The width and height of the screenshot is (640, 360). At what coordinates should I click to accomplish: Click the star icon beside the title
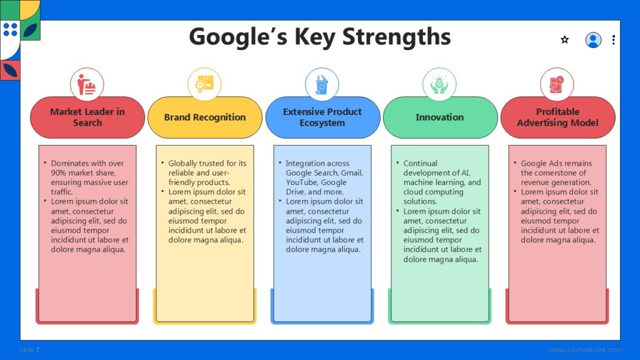point(565,39)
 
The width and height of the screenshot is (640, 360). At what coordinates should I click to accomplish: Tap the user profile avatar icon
point(593,40)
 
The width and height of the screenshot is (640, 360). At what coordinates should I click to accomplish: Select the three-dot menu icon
point(613,40)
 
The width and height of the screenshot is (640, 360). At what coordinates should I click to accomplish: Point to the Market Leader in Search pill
point(87,117)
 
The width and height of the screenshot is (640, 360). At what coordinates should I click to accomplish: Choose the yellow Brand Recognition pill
point(205,117)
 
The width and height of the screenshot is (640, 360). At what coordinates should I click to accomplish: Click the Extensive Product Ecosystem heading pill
point(322,117)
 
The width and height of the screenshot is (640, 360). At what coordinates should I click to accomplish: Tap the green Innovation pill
point(440,117)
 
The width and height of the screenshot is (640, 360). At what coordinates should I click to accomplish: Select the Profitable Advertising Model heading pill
point(557,117)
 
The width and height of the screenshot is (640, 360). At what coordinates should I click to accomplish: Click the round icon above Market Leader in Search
point(87,84)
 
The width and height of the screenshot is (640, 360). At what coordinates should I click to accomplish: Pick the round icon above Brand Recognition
point(204,84)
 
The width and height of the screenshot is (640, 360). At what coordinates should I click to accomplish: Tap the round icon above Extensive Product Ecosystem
point(322,84)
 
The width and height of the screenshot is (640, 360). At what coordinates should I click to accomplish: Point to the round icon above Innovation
point(439,84)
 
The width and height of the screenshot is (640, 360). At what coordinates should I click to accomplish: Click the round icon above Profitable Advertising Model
point(557,84)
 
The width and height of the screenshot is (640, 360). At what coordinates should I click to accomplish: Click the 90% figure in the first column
point(59,173)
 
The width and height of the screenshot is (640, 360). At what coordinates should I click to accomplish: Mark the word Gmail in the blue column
point(351,173)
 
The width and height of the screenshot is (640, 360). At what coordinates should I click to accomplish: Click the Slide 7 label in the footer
point(29,350)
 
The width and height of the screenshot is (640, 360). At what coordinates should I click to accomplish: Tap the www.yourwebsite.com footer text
point(586,350)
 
